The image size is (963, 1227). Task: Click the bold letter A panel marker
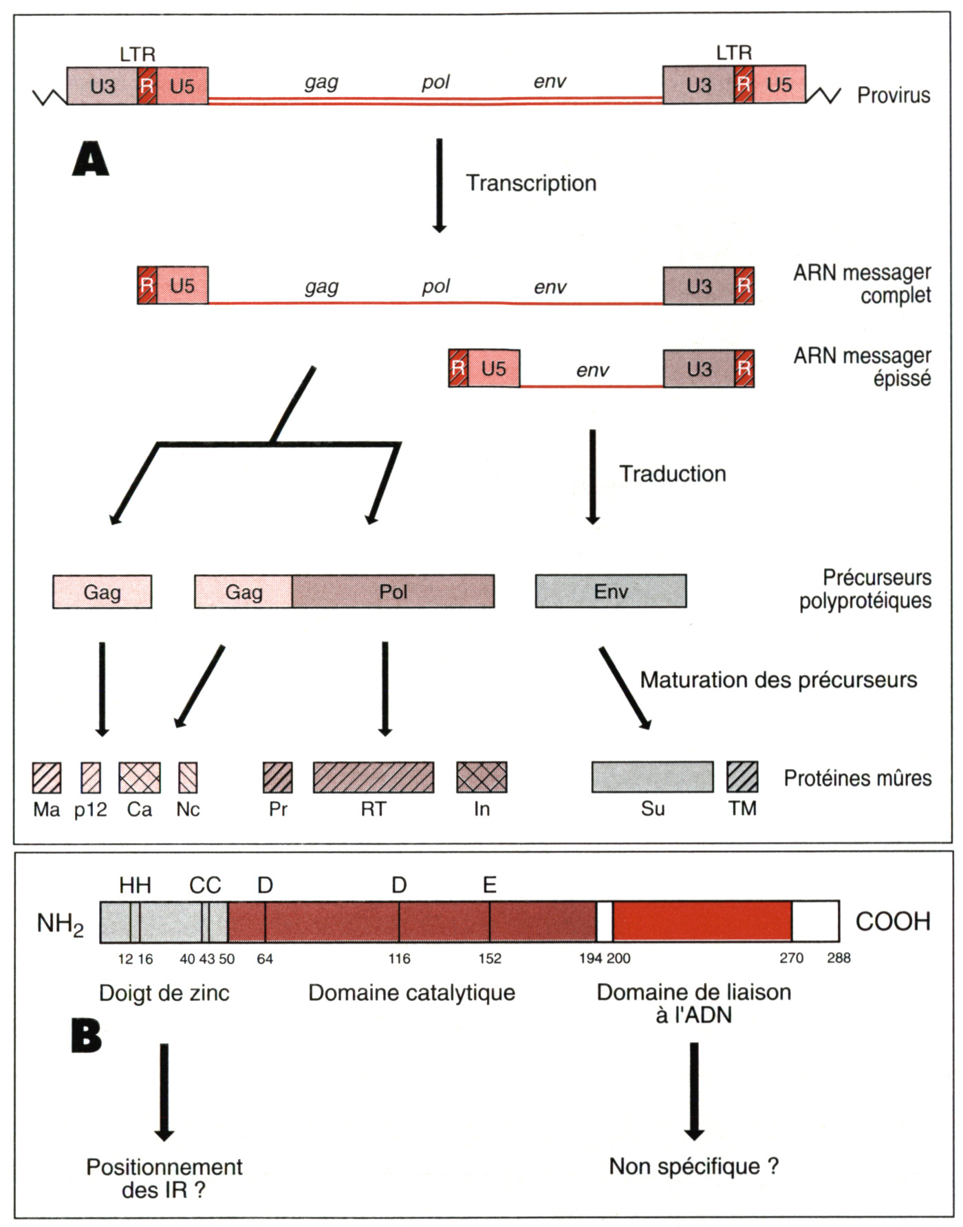click(90, 160)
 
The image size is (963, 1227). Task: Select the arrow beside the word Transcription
click(439, 185)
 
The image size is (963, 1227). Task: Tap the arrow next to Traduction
click(592, 477)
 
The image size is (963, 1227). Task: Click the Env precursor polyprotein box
click(611, 591)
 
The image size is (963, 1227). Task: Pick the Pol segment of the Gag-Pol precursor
click(393, 591)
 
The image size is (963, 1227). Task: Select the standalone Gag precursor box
click(102, 592)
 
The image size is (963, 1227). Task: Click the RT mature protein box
click(374, 778)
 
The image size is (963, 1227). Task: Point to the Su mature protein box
click(652, 777)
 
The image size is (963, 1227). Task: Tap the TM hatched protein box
click(742, 777)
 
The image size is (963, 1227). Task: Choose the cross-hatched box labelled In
click(481, 778)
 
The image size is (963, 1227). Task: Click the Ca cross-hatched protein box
click(140, 778)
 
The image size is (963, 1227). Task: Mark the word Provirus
click(893, 95)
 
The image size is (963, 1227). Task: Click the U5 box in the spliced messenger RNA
click(494, 369)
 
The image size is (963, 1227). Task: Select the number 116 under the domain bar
click(399, 959)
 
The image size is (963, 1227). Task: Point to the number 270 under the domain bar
click(791, 958)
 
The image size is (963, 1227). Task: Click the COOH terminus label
click(892, 922)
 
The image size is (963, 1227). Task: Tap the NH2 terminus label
click(60, 924)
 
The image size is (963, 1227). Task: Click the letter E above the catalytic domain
click(489, 884)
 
